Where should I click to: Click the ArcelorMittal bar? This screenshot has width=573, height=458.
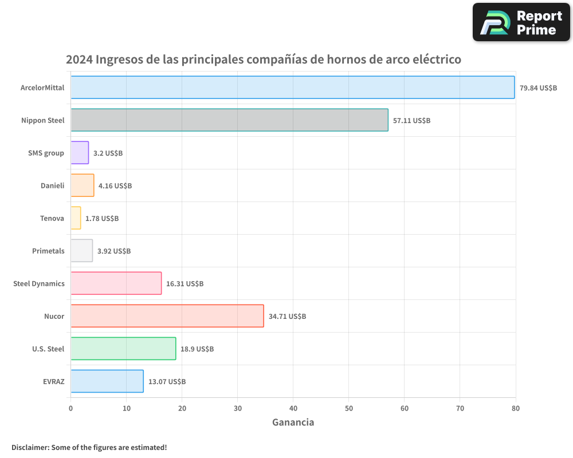pyautogui.click(x=292, y=88)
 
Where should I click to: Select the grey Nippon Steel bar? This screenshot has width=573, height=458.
pyautogui.click(x=229, y=120)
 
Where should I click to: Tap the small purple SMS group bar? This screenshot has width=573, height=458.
pyautogui.click(x=80, y=153)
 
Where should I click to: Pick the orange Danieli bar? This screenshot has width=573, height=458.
pyautogui.click(x=82, y=185)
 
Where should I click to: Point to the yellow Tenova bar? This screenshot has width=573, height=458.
pyautogui.click(x=76, y=218)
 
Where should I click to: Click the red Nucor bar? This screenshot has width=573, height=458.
pyautogui.click(x=167, y=316)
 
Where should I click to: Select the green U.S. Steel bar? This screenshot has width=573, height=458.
pyautogui.click(x=123, y=349)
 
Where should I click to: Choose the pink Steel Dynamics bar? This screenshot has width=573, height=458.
pyautogui.click(x=116, y=283)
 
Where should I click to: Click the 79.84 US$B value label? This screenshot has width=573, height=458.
pyautogui.click(x=538, y=88)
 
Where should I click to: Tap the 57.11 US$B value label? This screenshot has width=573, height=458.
pyautogui.click(x=411, y=121)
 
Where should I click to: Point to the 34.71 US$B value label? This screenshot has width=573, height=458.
pyautogui.click(x=287, y=317)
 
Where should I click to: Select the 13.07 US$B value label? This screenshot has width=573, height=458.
pyautogui.click(x=167, y=382)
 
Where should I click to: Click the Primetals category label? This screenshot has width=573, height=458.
pyautogui.click(x=48, y=251)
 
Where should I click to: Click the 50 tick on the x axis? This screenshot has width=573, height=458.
pyautogui.click(x=348, y=408)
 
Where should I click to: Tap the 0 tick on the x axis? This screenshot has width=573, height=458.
pyautogui.click(x=70, y=408)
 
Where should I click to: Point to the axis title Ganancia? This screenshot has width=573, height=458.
pyautogui.click(x=293, y=423)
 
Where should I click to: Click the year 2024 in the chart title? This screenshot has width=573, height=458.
pyautogui.click(x=79, y=60)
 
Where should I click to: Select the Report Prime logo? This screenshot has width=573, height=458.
pyautogui.click(x=521, y=23)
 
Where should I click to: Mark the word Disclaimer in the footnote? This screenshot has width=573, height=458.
pyautogui.click(x=30, y=447)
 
